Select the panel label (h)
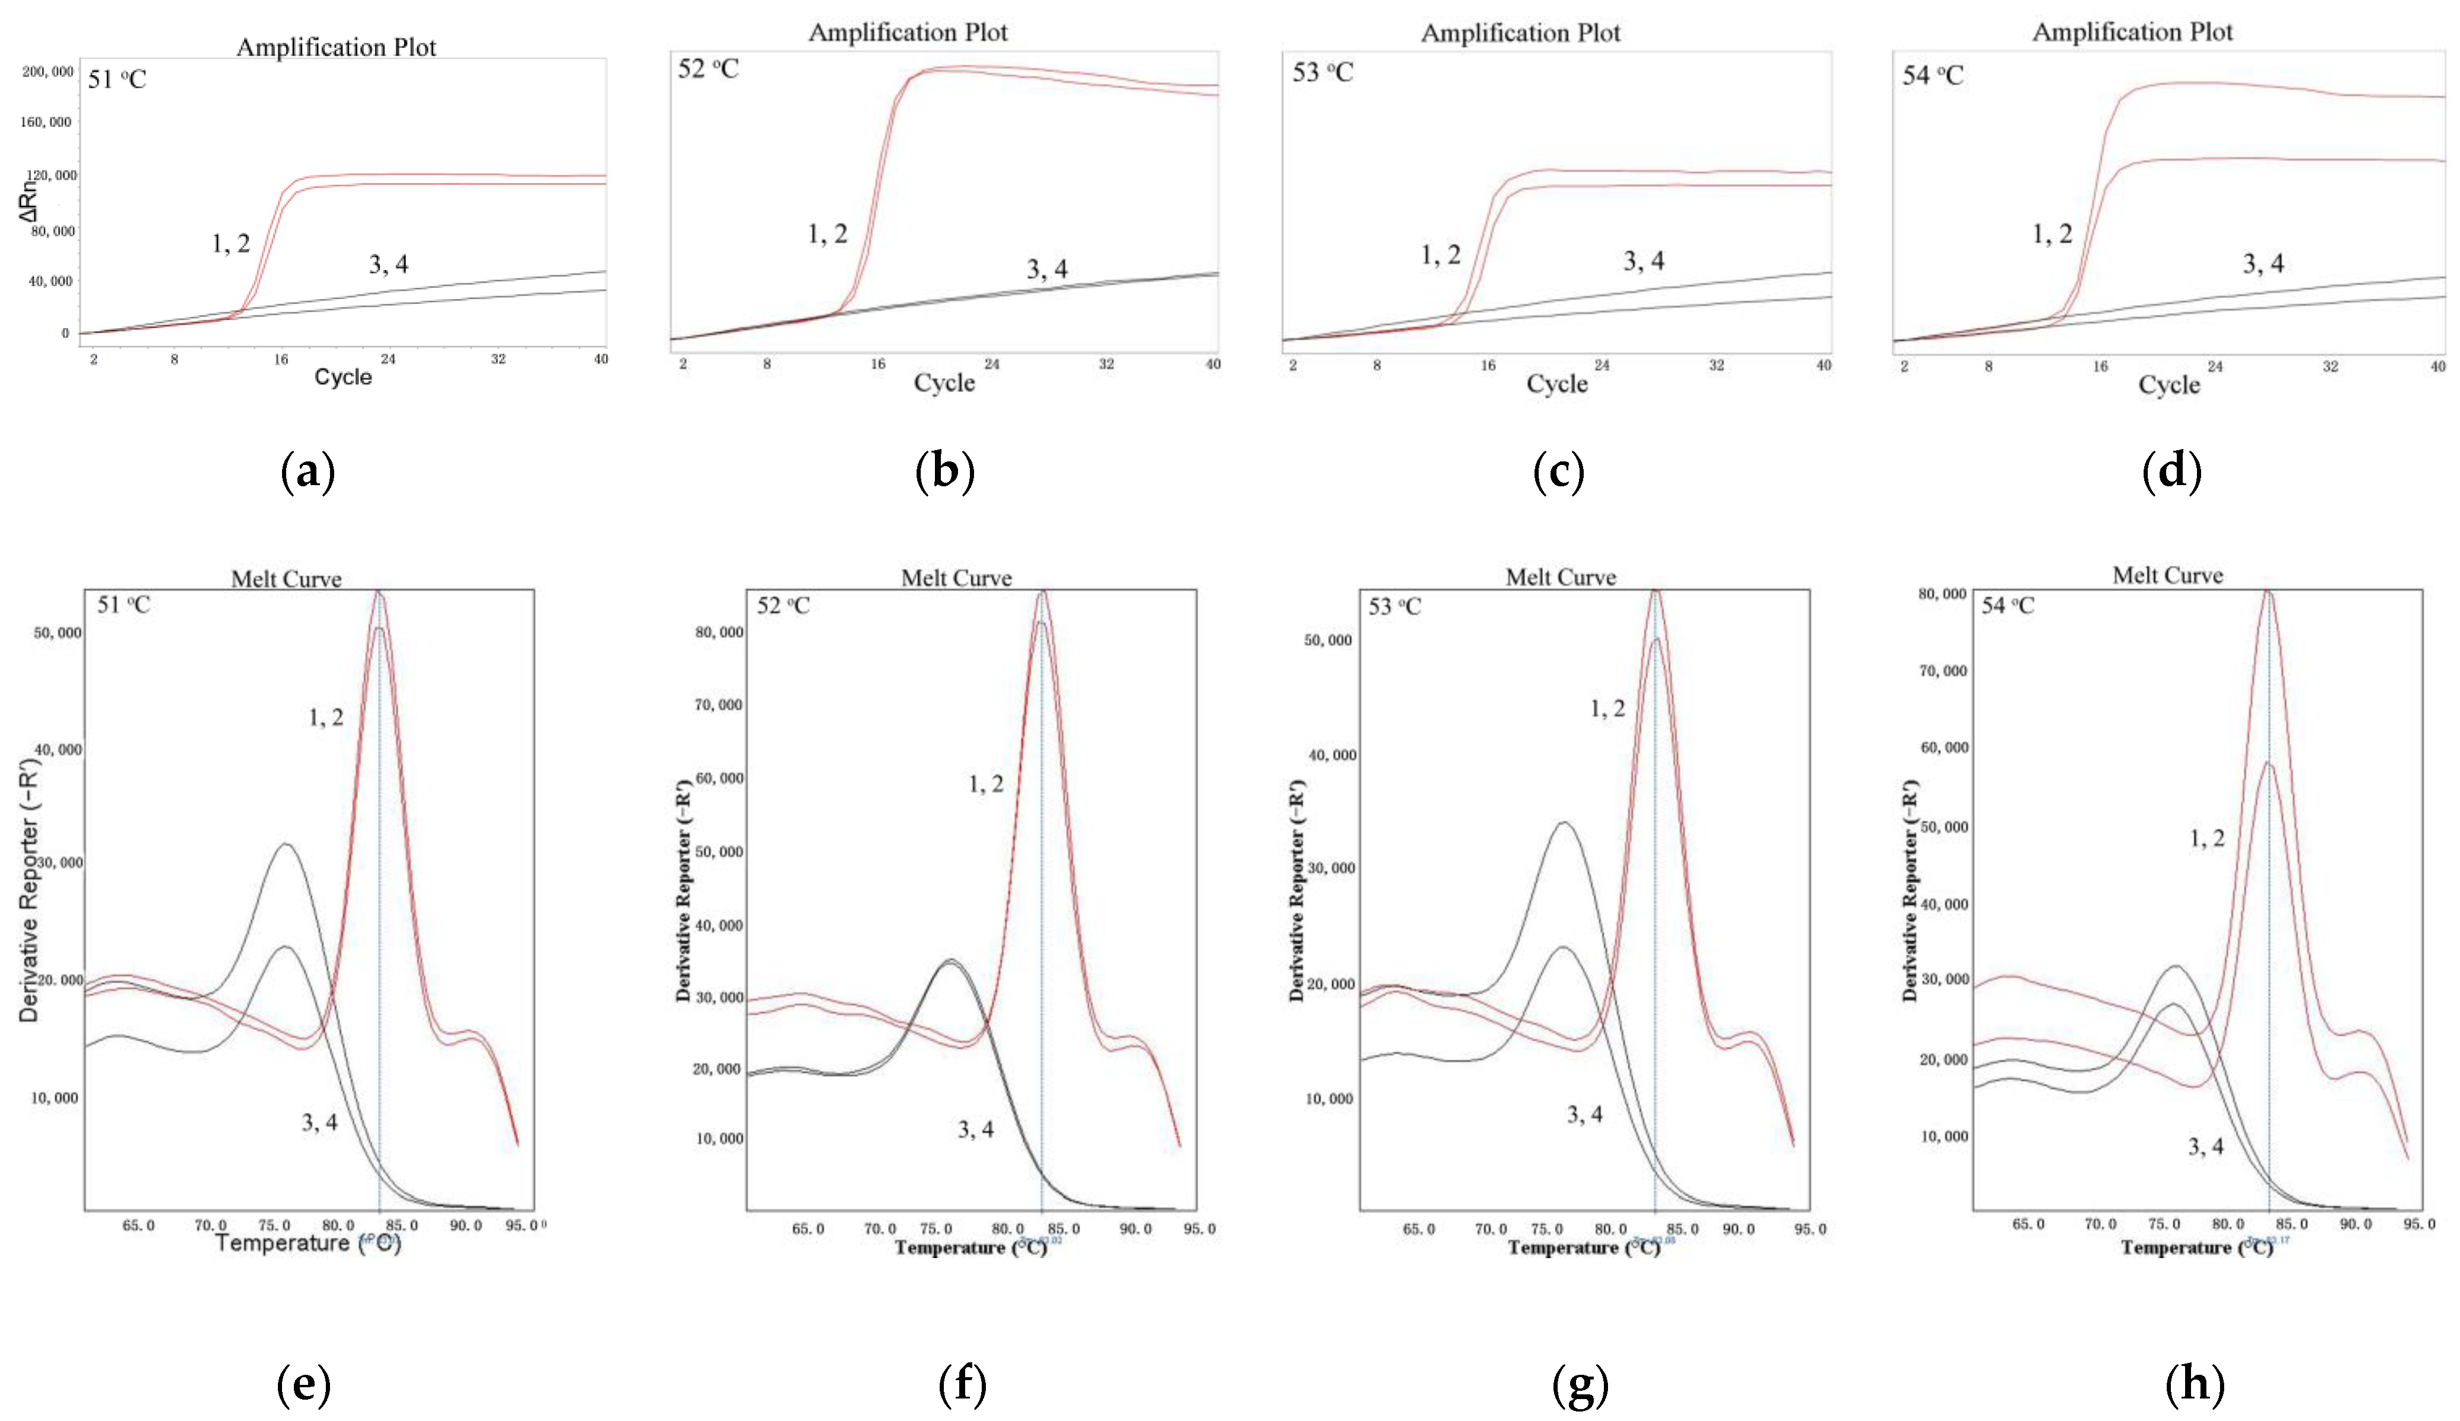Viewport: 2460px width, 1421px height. (2195, 1384)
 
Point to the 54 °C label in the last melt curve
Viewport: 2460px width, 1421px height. (2007, 606)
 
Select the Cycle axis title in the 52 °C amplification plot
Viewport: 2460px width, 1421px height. (944, 383)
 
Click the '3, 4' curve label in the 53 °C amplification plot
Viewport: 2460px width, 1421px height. (1644, 261)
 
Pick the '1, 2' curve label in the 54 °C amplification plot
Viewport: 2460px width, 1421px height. (2051, 234)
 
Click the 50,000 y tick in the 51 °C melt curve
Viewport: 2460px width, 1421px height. (57, 633)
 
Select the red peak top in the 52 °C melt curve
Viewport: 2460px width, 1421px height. (1043, 591)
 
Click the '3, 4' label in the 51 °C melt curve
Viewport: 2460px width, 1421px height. (319, 1122)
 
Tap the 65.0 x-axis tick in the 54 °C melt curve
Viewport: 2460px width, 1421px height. (2027, 1224)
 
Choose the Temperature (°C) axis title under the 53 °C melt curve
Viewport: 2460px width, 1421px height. (1583, 1247)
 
